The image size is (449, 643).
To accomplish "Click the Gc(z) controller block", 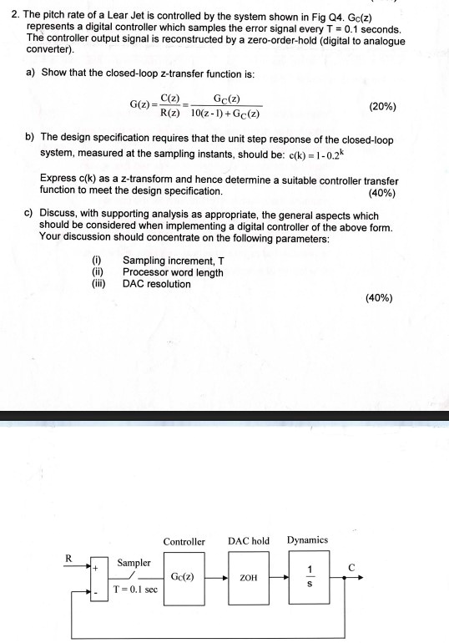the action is [183, 577].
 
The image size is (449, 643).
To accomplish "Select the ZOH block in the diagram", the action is [248, 577].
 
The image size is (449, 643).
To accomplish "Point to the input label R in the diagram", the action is [69, 559].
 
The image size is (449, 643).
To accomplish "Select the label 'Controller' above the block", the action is [184, 542].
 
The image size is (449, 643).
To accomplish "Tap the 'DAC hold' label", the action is [249, 541].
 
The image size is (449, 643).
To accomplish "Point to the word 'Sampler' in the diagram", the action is [134, 563].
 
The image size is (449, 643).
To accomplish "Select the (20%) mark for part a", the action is [382, 107].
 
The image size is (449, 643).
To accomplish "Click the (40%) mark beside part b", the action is [381, 193].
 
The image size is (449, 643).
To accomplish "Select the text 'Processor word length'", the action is [173, 272].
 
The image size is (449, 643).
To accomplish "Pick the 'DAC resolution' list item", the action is [156, 284].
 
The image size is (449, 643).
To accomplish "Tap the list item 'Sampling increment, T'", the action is [173, 261].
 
